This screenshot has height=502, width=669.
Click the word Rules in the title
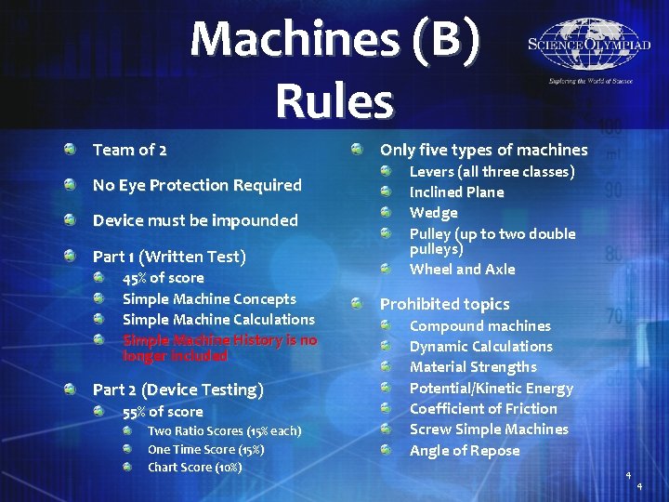[334, 99]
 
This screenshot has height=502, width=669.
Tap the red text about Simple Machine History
[219, 348]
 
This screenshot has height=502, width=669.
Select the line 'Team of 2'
[130, 150]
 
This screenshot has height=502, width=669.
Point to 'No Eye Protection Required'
[197, 185]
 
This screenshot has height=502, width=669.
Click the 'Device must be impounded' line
[195, 220]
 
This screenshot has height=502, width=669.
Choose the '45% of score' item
[163, 278]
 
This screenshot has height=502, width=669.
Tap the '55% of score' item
[163, 412]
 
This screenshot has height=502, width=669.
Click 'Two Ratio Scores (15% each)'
[224, 431]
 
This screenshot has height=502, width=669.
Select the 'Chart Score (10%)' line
[194, 467]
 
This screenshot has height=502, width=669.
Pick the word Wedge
[434, 213]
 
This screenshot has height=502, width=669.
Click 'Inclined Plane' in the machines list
[457, 192]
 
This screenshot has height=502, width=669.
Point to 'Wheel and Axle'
[463, 270]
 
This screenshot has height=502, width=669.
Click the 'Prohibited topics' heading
[445, 304]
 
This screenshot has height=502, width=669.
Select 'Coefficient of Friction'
[483, 409]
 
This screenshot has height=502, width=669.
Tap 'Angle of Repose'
[465, 451]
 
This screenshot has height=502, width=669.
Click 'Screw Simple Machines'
[489, 429]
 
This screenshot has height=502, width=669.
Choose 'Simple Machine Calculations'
[218, 320]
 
